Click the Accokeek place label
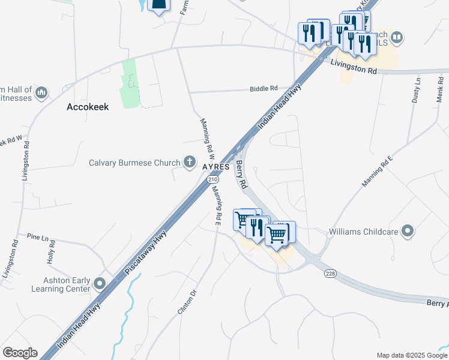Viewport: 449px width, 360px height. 87,107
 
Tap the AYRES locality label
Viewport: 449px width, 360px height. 216,166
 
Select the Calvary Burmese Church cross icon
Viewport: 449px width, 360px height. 190,161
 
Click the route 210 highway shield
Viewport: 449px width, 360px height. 212,179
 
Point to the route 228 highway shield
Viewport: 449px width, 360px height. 331,274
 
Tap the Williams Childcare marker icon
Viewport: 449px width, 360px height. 408,231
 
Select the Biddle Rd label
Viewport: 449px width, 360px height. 264,88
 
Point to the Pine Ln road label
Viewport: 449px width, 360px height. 37,238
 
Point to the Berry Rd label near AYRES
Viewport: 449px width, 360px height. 241,174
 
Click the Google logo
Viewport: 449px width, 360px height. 20,353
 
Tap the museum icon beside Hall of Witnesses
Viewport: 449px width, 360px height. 41,92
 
